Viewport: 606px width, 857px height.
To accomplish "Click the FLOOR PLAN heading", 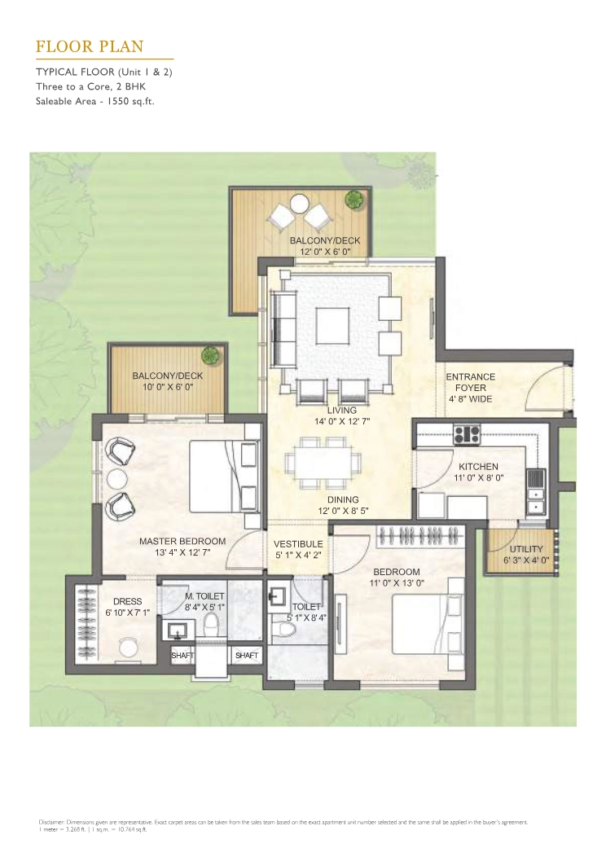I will click(x=90, y=46).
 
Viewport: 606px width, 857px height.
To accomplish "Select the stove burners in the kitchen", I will click(x=468, y=434).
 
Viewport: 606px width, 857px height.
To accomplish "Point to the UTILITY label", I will click(x=525, y=549).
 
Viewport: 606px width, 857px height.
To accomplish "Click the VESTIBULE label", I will click(x=298, y=543).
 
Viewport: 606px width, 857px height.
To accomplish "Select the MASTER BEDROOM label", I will click(x=182, y=541).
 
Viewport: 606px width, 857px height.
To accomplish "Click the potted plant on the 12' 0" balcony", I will click(x=354, y=199).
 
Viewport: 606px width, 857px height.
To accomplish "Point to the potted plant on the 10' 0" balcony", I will click(x=211, y=355).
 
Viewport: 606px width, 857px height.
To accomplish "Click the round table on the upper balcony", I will click(x=300, y=204).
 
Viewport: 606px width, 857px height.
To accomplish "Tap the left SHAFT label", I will click(x=182, y=655).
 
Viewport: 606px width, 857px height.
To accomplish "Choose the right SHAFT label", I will click(x=246, y=655).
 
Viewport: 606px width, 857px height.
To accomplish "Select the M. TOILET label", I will click(x=204, y=597).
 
